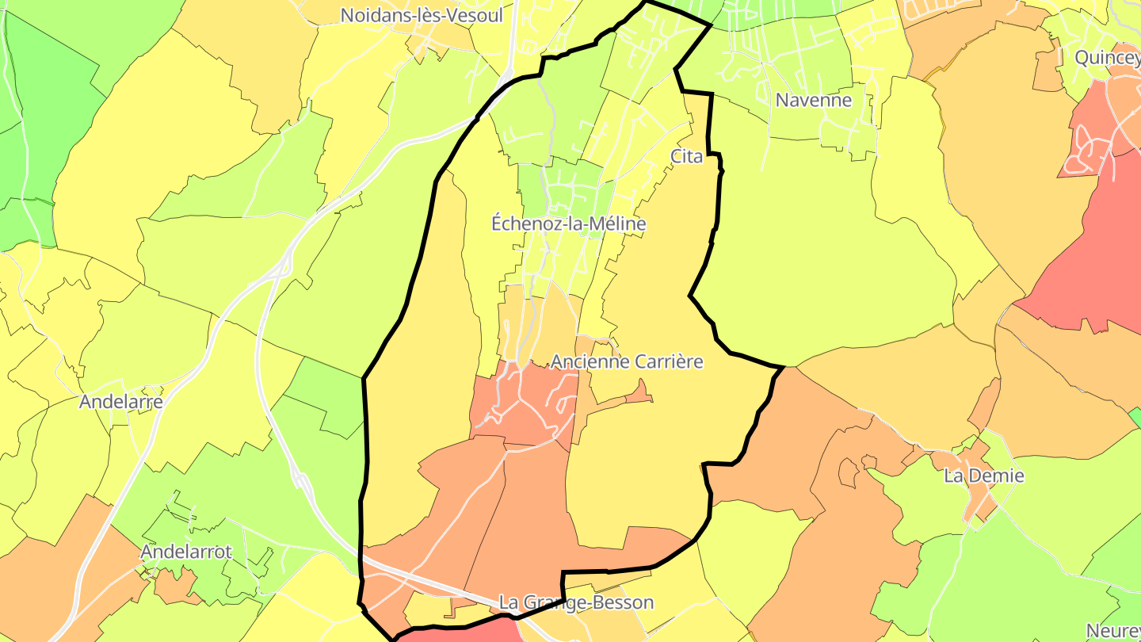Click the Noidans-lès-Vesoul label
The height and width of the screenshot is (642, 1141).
click(x=422, y=15)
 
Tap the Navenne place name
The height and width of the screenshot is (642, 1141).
click(x=814, y=100)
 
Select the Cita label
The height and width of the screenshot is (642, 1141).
click(x=686, y=156)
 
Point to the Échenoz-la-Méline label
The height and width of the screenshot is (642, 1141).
click(x=568, y=224)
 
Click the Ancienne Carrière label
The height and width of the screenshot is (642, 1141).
click(x=627, y=361)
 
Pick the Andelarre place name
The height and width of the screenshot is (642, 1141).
click(x=121, y=402)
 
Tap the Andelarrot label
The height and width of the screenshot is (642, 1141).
click(x=186, y=552)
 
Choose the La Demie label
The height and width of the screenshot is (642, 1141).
click(x=984, y=476)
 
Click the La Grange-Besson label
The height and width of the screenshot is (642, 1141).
click(x=577, y=602)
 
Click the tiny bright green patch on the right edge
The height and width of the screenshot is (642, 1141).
click(x=1135, y=415)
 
